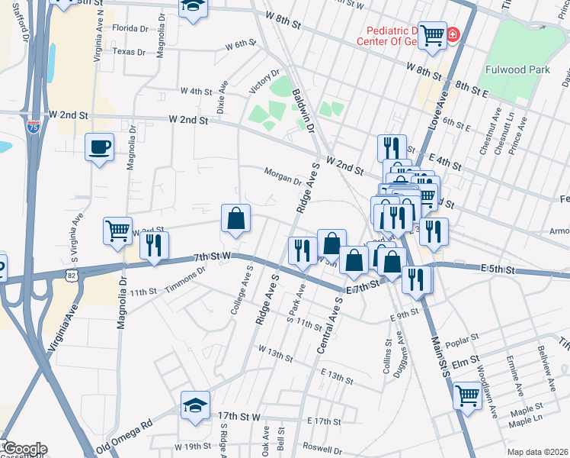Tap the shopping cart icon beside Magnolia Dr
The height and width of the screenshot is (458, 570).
click(118, 229)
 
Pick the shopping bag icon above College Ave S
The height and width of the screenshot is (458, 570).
click(236, 218)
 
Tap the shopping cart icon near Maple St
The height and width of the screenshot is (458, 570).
click(466, 395)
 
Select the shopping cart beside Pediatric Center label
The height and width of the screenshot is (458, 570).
click(432, 34)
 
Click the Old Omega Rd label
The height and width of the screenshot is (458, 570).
click(125, 433)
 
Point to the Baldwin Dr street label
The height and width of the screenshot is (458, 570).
click(303, 111)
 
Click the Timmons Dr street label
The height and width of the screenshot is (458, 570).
click(191, 275)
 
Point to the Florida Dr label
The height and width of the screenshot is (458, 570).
click(130, 28)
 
